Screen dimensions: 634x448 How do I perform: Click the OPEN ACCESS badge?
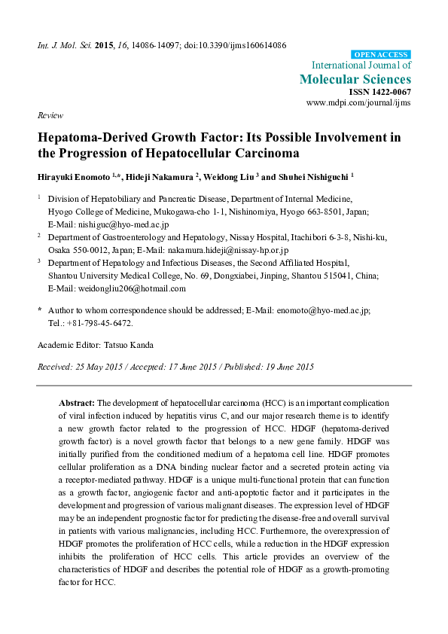pos(382,55)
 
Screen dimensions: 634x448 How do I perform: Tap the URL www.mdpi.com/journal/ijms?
pos(359,102)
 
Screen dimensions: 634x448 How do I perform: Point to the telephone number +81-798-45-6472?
pos(99,322)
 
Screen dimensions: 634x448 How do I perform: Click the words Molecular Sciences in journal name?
pos(355,79)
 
